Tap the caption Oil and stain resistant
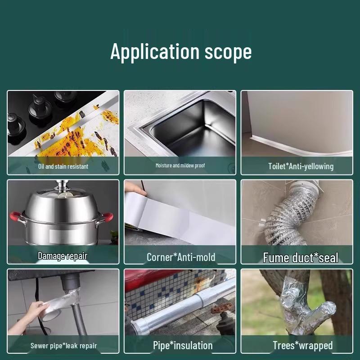63,166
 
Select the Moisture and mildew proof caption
180,166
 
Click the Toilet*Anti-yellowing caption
301,166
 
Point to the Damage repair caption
63,256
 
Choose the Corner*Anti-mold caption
181,257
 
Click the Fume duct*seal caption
301,258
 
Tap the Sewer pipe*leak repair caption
63,346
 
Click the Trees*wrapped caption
302,346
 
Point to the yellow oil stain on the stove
63,139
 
